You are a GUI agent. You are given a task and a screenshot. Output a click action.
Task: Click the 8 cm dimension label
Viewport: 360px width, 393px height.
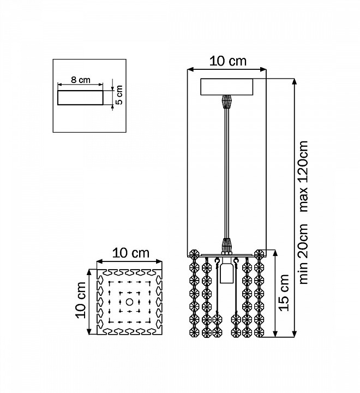pos(81,80)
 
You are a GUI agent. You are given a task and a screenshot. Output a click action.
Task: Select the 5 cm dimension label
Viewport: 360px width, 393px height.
pos(119,95)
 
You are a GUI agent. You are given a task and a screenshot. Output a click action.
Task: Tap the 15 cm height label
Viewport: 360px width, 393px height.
pos(284,293)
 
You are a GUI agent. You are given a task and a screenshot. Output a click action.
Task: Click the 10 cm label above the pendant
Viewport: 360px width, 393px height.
pos(227,61)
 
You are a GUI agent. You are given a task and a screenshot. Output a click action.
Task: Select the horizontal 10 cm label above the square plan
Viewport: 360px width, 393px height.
pos(130,253)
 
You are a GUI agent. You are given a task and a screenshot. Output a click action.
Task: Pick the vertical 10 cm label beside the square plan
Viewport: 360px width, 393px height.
pos(81,300)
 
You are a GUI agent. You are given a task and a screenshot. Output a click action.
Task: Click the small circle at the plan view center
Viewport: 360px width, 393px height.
pos(129,302)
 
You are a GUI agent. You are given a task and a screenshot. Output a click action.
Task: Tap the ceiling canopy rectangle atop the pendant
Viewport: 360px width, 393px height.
pos(227,87)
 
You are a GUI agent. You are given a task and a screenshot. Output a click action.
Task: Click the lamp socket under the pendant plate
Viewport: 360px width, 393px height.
pos(226,273)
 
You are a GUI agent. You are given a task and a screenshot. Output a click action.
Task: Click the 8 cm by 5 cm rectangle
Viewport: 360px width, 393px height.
pos(80,98)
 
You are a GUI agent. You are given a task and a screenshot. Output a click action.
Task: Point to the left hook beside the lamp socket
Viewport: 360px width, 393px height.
pos(217,261)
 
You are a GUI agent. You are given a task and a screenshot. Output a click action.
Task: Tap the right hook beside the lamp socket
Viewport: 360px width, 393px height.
pos(235,261)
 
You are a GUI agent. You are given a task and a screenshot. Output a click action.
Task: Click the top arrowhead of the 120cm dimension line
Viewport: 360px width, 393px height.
pos(295,82)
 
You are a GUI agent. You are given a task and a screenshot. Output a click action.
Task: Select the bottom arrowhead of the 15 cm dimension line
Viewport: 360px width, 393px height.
pos(275,334)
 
